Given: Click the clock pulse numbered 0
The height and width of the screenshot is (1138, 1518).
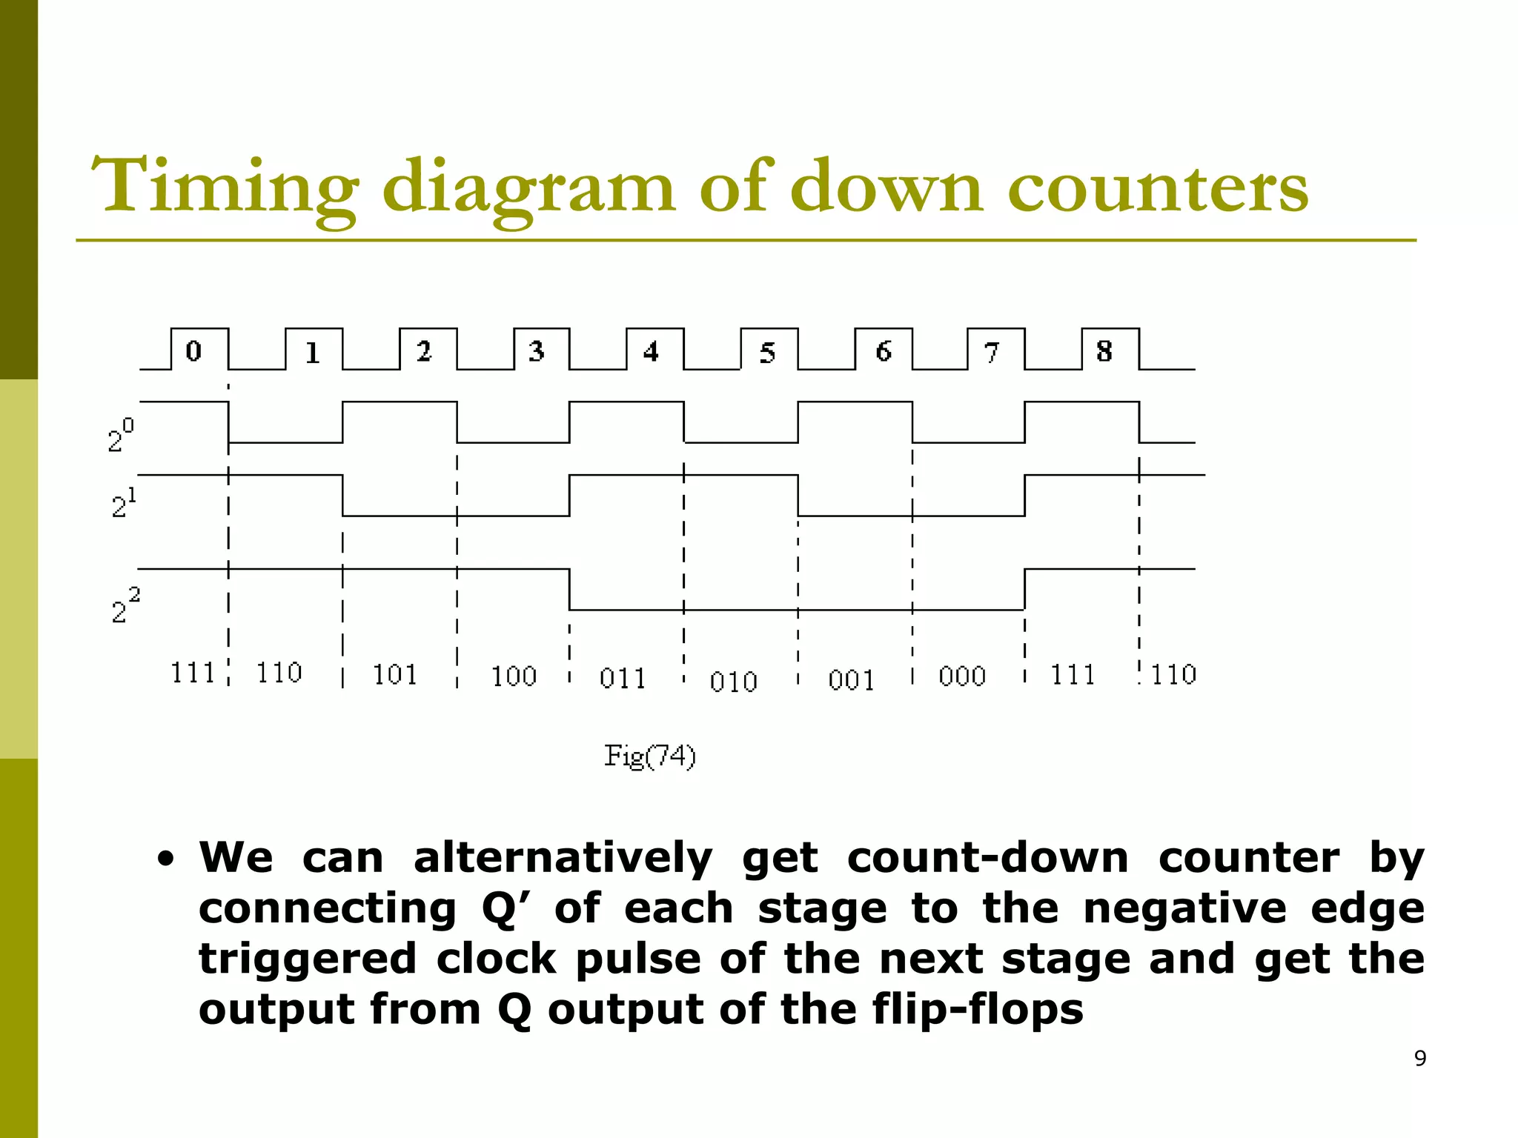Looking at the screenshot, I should click(194, 350).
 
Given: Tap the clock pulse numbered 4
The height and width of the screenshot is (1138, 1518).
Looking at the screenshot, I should click(652, 350).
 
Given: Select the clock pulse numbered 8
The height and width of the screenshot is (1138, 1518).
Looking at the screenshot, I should click(1104, 350).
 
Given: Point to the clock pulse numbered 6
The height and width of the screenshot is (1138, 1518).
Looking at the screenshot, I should click(884, 350).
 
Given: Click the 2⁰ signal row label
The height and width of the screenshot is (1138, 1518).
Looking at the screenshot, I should click(120, 436).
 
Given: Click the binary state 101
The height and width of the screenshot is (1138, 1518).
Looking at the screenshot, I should click(394, 675).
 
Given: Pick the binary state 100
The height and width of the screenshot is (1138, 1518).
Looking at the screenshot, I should click(514, 676).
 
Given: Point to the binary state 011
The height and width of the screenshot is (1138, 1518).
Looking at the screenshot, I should click(623, 679).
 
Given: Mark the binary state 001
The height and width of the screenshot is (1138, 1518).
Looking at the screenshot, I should click(851, 680).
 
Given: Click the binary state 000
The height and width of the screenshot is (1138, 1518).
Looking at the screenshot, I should click(961, 676).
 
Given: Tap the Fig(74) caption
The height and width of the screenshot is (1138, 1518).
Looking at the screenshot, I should click(650, 756).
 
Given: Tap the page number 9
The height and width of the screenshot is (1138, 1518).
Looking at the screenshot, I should click(1420, 1059).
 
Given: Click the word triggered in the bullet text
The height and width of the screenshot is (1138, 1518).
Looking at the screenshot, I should click(308, 959).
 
